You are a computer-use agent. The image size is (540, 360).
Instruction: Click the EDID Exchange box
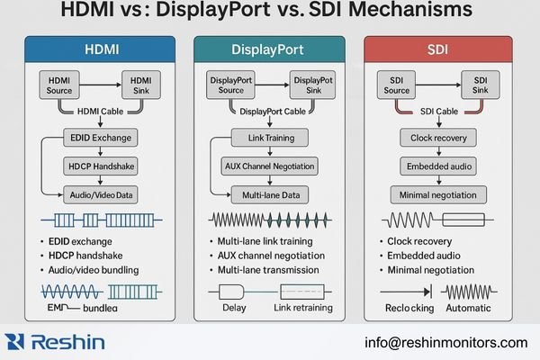tap(99, 139)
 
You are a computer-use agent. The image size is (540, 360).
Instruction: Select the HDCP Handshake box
tap(99, 166)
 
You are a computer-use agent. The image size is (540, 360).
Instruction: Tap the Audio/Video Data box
tap(99, 193)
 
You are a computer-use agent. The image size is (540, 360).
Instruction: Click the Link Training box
tap(269, 139)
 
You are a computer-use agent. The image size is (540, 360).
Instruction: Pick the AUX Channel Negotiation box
tap(269, 166)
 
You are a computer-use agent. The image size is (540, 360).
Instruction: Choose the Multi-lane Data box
tap(269, 193)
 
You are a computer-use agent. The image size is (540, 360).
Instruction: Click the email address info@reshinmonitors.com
tap(445, 342)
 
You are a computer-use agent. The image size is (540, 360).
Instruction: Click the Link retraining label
tap(301, 309)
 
